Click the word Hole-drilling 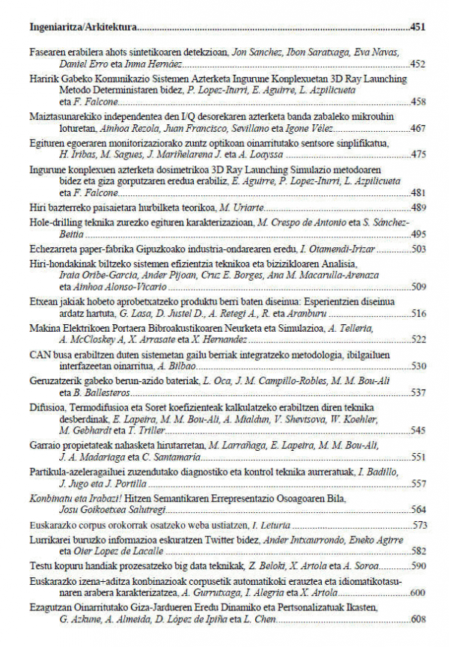52,222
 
